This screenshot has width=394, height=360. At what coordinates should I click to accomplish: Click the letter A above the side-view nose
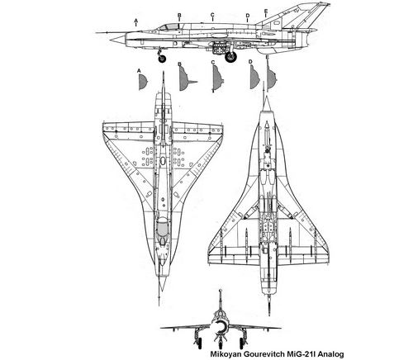(x=135, y=21)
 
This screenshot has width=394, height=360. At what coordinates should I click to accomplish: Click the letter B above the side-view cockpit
(x=179, y=15)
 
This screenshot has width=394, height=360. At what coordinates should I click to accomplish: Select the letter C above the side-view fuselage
(x=212, y=15)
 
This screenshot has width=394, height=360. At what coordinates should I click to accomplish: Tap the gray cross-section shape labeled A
(x=143, y=82)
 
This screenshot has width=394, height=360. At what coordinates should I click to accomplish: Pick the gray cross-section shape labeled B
(x=185, y=79)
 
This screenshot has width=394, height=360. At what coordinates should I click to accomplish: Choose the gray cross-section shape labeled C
(x=217, y=78)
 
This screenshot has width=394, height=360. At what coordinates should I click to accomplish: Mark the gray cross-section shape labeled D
(x=254, y=78)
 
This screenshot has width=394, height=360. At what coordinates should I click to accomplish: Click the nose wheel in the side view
(x=162, y=59)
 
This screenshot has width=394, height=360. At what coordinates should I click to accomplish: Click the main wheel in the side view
(x=230, y=57)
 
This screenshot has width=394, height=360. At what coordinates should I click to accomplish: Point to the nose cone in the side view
(x=117, y=40)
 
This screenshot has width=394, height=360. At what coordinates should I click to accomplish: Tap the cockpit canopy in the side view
(x=169, y=27)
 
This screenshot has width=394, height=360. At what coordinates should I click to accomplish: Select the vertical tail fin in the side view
(x=299, y=17)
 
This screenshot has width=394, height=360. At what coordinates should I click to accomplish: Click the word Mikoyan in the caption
(x=224, y=354)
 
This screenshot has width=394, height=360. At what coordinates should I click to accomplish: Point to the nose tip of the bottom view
(x=267, y=96)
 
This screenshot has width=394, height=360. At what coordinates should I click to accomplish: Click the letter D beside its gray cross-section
(x=250, y=62)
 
